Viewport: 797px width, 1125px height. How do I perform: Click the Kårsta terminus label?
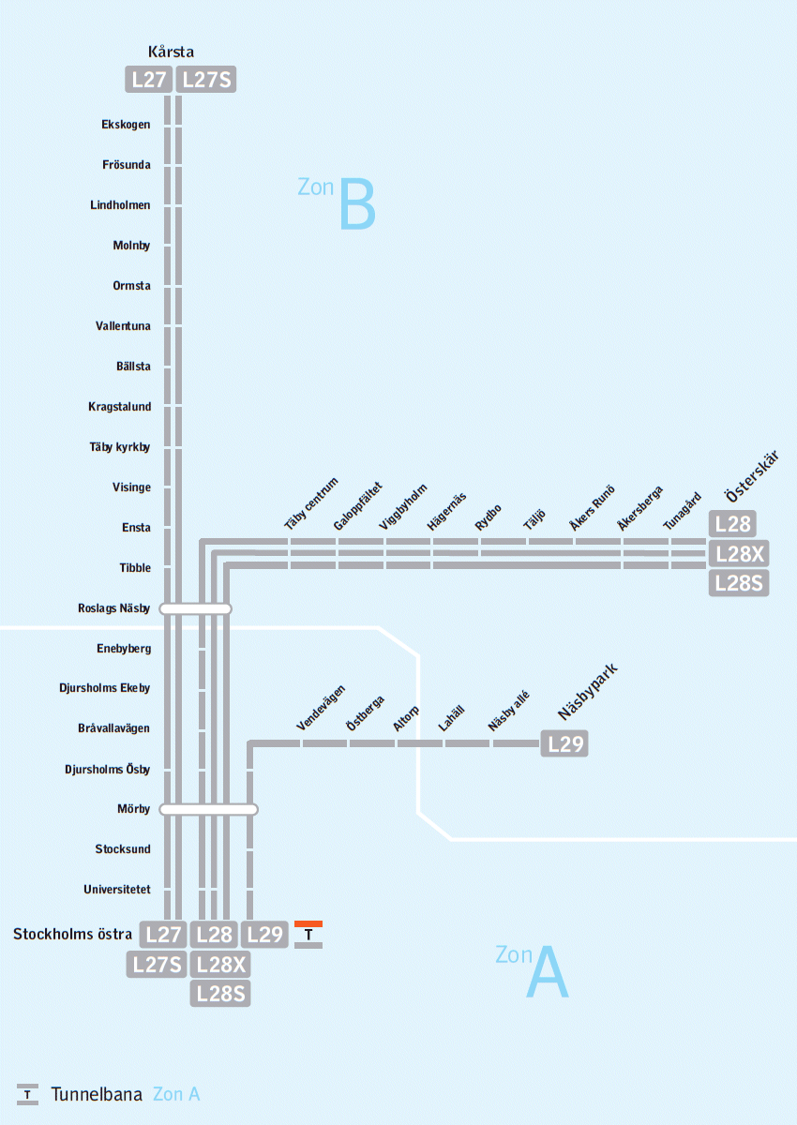171,52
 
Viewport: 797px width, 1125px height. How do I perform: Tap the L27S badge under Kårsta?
206,80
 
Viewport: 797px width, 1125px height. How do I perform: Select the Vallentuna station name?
123,326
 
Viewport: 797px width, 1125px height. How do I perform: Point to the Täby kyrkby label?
120,447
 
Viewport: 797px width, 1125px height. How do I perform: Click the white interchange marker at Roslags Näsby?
195,609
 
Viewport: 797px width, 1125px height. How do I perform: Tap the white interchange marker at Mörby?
208,809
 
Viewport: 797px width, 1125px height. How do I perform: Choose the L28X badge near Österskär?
739,553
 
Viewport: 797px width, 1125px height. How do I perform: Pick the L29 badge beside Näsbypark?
564,745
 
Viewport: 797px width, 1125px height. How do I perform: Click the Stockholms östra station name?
72,935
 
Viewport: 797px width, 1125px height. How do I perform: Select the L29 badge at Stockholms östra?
264,935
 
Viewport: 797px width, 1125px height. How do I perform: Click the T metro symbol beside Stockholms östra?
308,935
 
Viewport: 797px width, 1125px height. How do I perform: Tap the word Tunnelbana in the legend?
97,1094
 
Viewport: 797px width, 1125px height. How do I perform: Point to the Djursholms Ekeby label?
104,688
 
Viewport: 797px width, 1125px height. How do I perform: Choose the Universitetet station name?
116,890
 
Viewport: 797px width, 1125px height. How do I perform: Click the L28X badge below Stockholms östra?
220,965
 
